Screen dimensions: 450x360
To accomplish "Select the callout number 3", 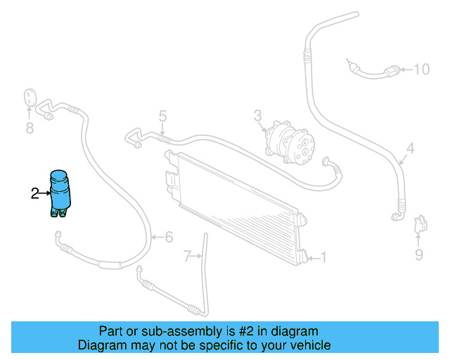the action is pyautogui.click(x=258, y=115).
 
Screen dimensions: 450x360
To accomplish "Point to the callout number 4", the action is pyautogui.click(x=411, y=148).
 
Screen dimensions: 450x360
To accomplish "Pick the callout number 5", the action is pyautogui.click(x=162, y=116).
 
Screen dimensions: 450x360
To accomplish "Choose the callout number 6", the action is pyautogui.click(x=169, y=237).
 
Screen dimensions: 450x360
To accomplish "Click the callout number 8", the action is pyautogui.click(x=30, y=128).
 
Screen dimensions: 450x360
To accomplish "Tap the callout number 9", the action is pyautogui.click(x=418, y=255).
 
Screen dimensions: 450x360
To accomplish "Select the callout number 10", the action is pyautogui.click(x=421, y=69).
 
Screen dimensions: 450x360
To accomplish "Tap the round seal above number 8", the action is pyautogui.click(x=30, y=97).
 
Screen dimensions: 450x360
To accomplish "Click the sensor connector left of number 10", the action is pyautogui.click(x=394, y=70).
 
